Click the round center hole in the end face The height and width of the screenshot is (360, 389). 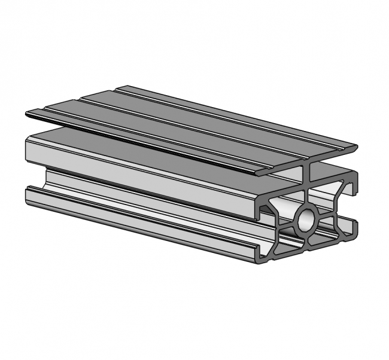pos(306,219)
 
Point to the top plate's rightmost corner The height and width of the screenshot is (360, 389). pos(357,146)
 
